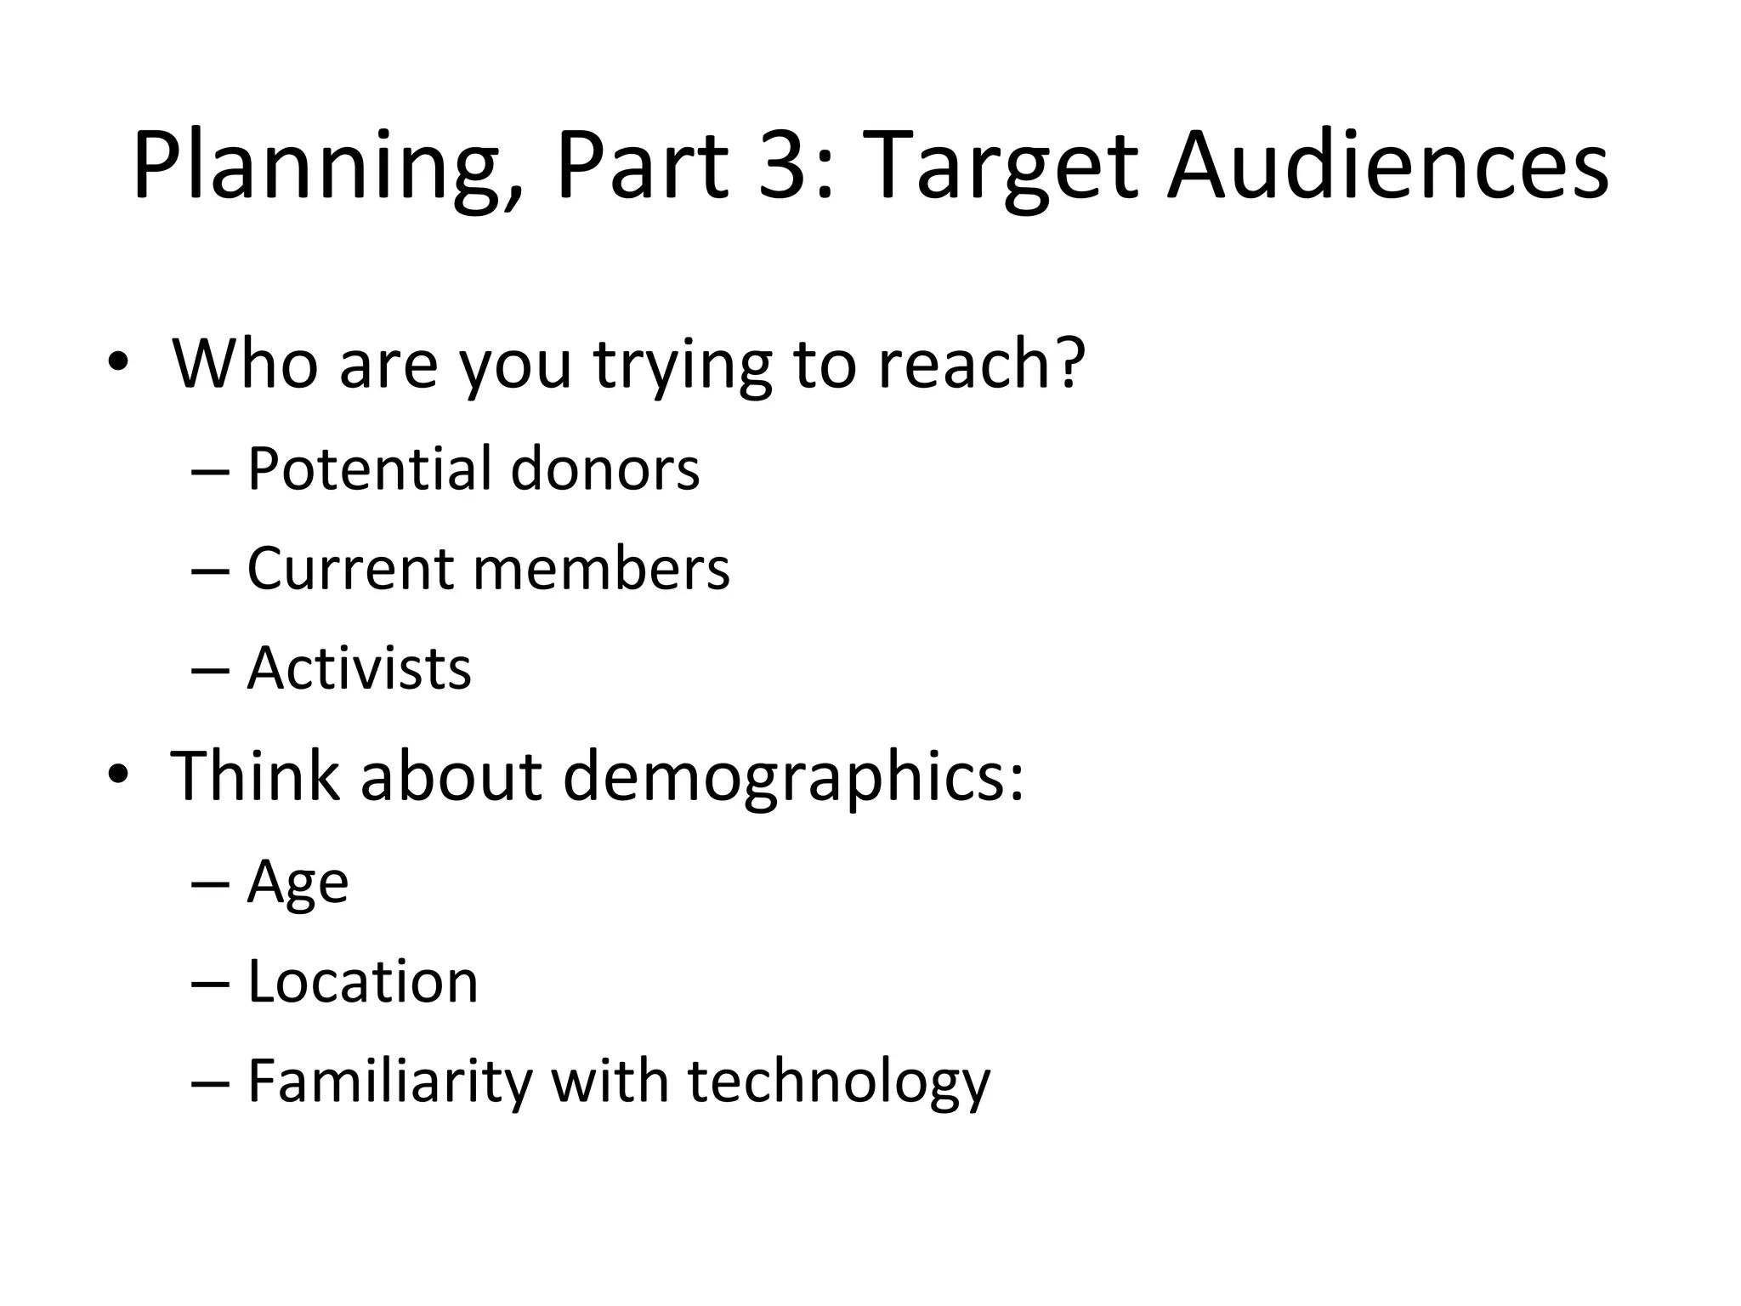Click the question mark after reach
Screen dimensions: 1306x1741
click(x=1068, y=362)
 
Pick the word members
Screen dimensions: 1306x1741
click(x=601, y=567)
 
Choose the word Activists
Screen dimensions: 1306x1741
click(x=359, y=667)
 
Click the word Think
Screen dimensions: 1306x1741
click(x=254, y=775)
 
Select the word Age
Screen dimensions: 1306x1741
click(x=298, y=883)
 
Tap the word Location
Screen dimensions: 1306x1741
click(x=363, y=981)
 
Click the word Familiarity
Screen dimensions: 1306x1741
click(x=390, y=1082)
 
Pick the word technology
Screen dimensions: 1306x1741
click(x=838, y=1082)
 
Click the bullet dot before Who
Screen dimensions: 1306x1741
click(x=117, y=364)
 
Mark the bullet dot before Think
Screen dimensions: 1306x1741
click(x=117, y=775)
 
